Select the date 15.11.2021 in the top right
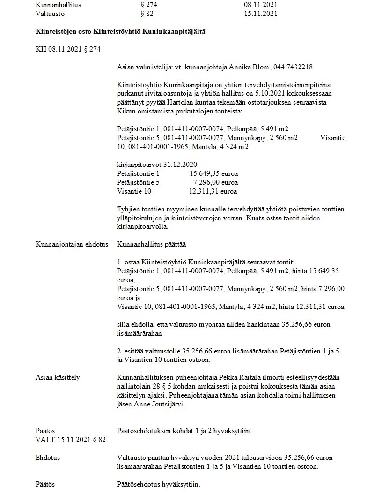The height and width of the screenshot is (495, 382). coord(261,14)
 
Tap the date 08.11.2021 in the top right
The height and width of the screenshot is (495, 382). coord(261,4)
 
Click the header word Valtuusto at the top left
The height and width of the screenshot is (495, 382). coord(49,14)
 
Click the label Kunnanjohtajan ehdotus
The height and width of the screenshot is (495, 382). coord(72,244)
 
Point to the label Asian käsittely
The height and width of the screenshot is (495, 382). coord(59,377)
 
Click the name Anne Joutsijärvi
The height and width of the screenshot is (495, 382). coord(159,405)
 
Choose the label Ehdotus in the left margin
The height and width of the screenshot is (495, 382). coord(48,457)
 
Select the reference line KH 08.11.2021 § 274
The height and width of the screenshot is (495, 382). coord(68,49)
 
